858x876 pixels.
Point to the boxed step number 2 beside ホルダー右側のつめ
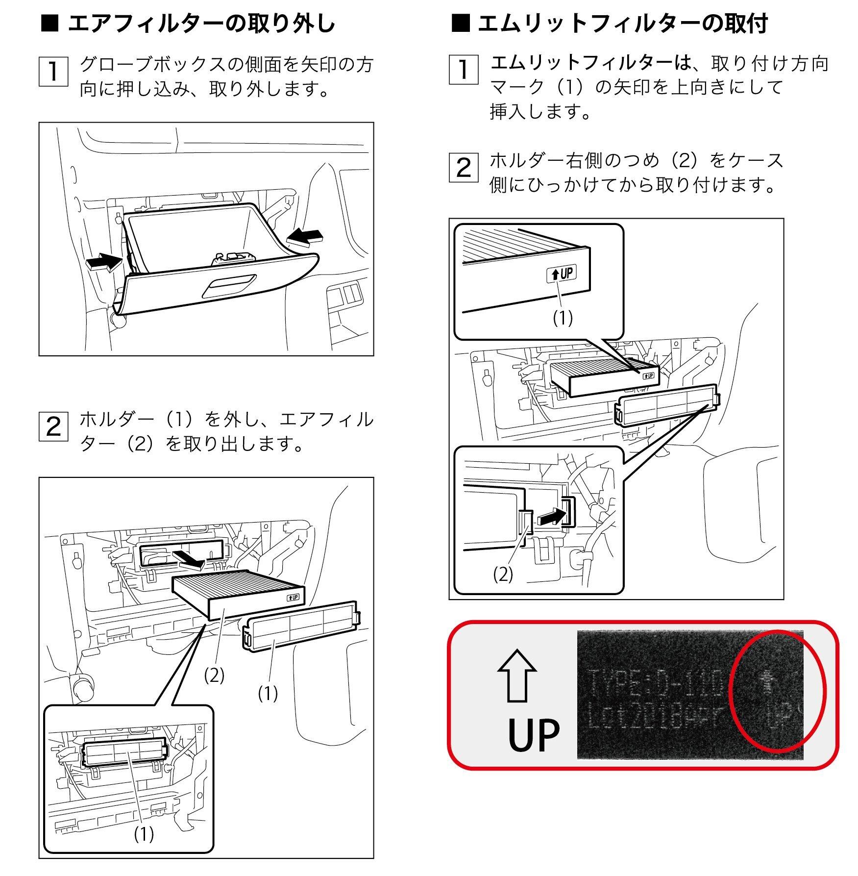point(463,168)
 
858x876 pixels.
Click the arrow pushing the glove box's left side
point(103,262)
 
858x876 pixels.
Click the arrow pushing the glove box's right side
point(305,237)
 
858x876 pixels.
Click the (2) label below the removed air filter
point(214,676)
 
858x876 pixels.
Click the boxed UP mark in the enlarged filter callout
point(562,274)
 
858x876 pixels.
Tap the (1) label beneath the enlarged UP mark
point(563,319)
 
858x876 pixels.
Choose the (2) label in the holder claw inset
point(503,575)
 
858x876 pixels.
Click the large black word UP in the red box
point(534,736)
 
